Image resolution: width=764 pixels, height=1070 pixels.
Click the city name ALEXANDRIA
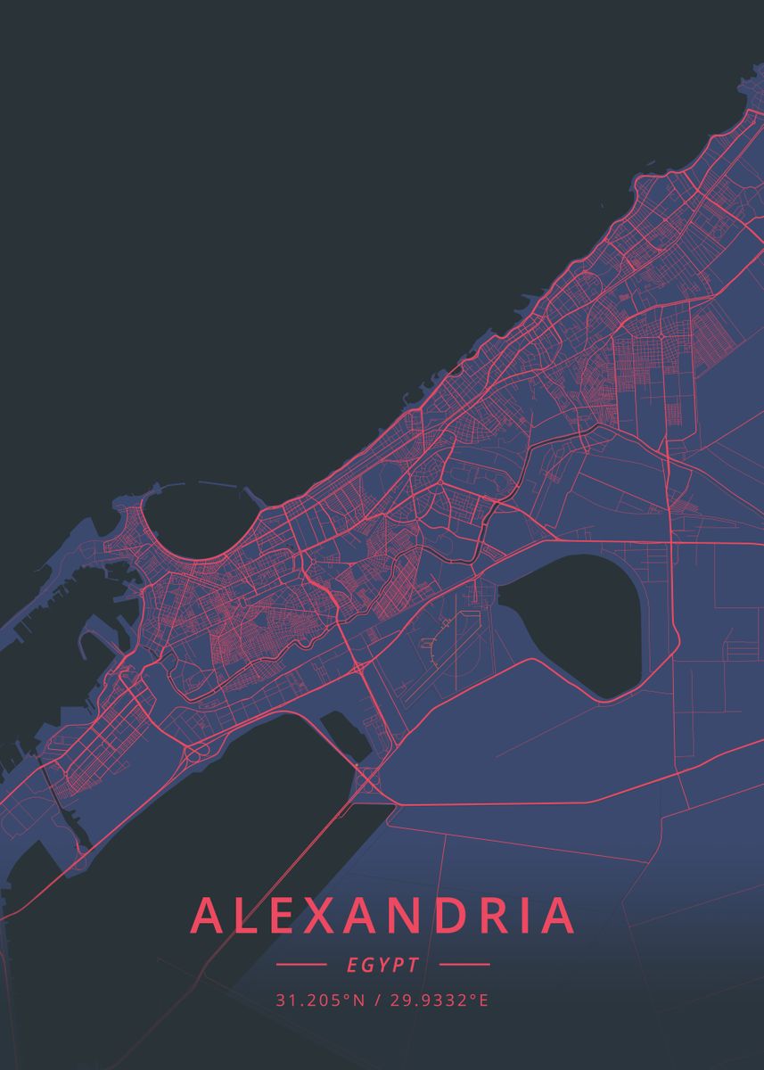(382, 916)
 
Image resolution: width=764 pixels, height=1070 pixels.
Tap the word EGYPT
(382, 965)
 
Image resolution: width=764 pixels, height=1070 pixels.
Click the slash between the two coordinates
(378, 1000)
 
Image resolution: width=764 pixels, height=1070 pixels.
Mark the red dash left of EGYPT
(301, 965)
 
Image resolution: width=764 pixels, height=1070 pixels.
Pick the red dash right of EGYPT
(464, 965)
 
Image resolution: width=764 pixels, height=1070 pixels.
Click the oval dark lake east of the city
(576, 624)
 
